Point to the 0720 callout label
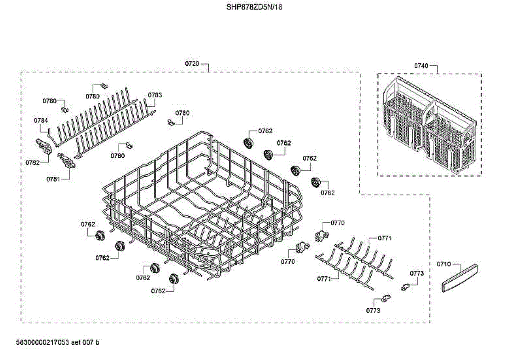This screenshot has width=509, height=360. [192, 64]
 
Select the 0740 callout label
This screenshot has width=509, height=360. [421, 65]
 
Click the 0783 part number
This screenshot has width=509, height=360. [155, 95]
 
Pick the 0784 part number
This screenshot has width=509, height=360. [41, 121]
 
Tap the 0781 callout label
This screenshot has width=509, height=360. [53, 179]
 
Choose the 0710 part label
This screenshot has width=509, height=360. [444, 264]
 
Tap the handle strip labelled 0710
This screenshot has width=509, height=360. [459, 278]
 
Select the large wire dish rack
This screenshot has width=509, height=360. [204, 204]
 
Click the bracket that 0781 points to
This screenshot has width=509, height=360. [67, 161]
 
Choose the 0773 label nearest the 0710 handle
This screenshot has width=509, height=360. [417, 273]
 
